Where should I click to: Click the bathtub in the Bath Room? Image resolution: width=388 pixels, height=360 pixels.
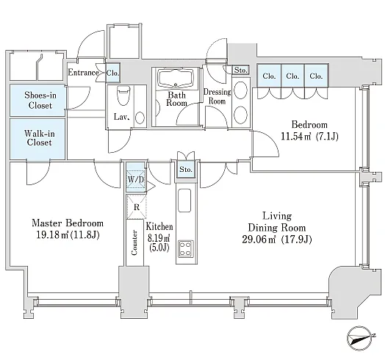click(x=176, y=78)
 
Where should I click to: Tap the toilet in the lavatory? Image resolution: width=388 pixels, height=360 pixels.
click(x=123, y=95)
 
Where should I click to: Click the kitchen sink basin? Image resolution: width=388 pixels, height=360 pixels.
click(x=184, y=201)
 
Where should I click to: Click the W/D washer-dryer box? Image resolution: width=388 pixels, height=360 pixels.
click(x=136, y=179)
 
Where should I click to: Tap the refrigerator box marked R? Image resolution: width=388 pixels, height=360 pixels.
click(x=137, y=207)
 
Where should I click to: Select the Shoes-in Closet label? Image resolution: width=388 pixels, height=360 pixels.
click(x=40, y=100)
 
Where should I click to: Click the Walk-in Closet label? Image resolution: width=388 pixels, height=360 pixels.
click(x=40, y=138)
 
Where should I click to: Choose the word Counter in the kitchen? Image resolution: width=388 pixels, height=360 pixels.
click(x=134, y=242)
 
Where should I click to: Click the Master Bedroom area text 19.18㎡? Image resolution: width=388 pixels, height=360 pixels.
click(x=52, y=235)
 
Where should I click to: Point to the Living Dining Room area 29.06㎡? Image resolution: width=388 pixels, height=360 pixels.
click(x=259, y=240)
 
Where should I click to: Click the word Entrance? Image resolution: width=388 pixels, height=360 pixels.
click(x=83, y=73)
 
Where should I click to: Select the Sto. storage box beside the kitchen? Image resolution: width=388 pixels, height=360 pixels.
click(x=186, y=170)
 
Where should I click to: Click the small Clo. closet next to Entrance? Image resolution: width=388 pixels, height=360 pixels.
click(x=113, y=73)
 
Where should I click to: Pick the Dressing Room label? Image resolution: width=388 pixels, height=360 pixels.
click(x=217, y=96)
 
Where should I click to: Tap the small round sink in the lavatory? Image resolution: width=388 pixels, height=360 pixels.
click(x=140, y=118)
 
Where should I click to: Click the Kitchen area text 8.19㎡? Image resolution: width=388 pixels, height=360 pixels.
click(x=159, y=238)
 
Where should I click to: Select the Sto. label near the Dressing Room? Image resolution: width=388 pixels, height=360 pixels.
click(x=241, y=70)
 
